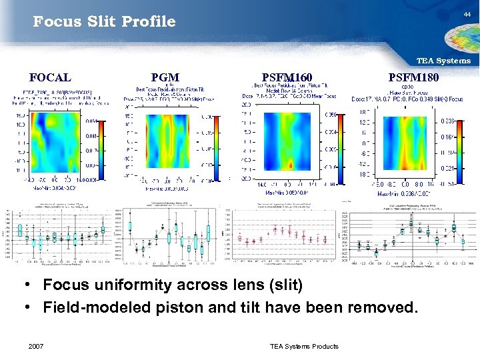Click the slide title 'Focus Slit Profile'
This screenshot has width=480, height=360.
click(105, 22)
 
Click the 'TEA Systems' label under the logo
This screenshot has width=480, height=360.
click(443, 61)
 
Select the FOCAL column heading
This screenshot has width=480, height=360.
click(51, 77)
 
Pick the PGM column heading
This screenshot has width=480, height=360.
click(165, 77)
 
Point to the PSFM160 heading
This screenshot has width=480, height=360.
click(287, 77)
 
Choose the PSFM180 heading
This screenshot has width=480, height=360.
click(413, 77)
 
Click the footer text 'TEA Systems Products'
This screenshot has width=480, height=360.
click(304, 346)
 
